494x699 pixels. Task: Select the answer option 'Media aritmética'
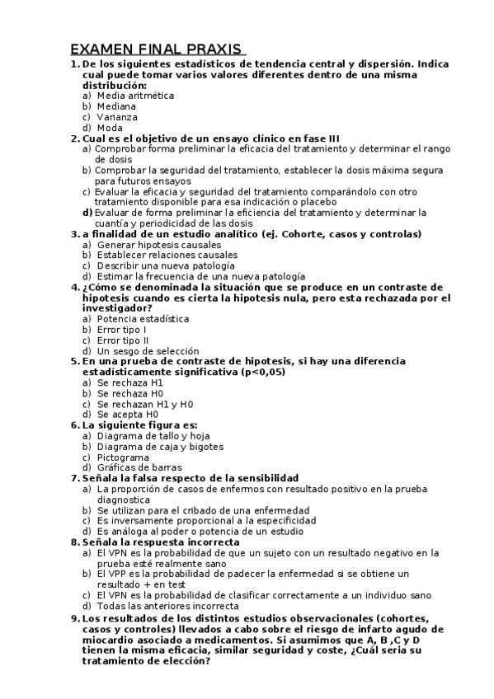pos(135,96)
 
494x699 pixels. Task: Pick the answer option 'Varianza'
pos(118,117)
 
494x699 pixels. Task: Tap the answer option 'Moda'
pos(110,128)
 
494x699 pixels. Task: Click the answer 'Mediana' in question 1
pos(116,106)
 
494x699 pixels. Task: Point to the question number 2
pos(74,138)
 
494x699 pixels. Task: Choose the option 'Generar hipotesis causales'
pos(158,245)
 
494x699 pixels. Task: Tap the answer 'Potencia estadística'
pos(143,318)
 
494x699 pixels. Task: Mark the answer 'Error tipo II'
pos(123,340)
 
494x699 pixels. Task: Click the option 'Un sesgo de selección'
pos(148,350)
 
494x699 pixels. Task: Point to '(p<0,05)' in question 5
pos(261,372)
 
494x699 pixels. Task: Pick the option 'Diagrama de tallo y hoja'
pos(153,435)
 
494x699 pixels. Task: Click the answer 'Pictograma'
pos(123,457)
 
